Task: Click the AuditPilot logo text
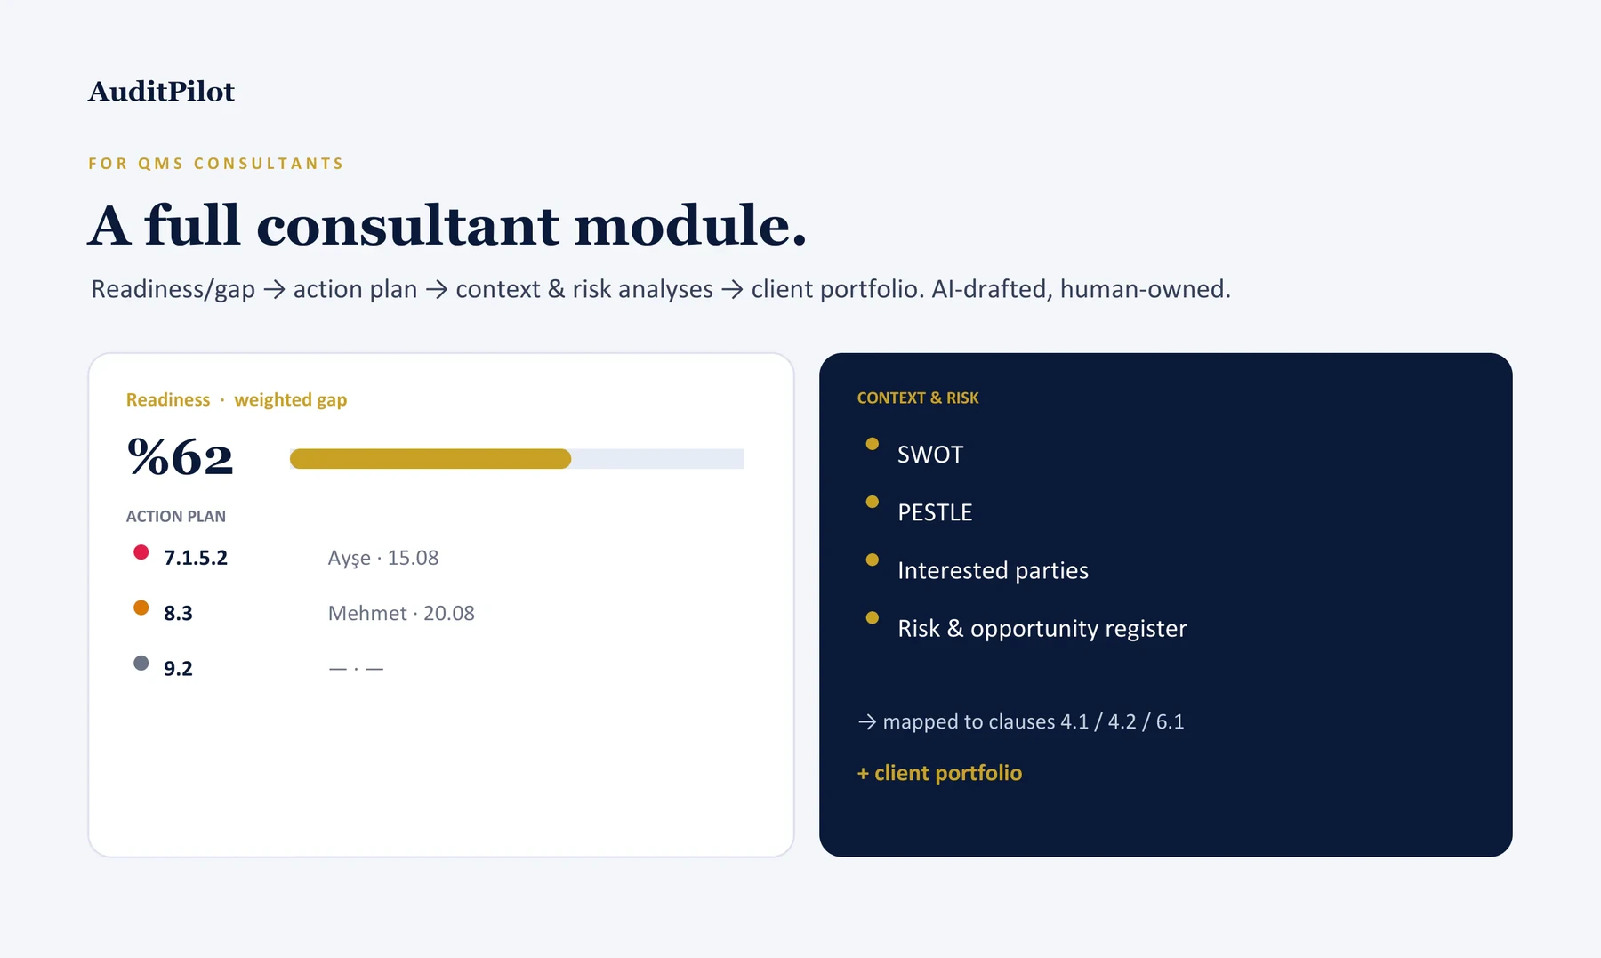pyautogui.click(x=161, y=92)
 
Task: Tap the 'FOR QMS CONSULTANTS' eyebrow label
pyautogui.click(x=216, y=164)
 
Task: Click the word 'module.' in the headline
pyautogui.click(x=690, y=225)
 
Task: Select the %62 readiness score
pyautogui.click(x=181, y=457)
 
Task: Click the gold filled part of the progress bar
pyautogui.click(x=430, y=459)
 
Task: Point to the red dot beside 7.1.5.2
pyautogui.click(x=141, y=552)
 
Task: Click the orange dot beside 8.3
pyautogui.click(x=141, y=608)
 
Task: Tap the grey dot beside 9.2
pyautogui.click(x=141, y=663)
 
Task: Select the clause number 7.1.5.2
pyautogui.click(x=196, y=558)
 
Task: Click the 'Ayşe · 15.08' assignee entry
pyautogui.click(x=383, y=558)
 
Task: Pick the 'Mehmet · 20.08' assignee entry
pyautogui.click(x=401, y=613)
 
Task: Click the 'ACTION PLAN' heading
pyautogui.click(x=176, y=517)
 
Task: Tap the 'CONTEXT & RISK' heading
pyautogui.click(x=918, y=398)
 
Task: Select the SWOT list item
pyautogui.click(x=930, y=455)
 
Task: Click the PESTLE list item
pyautogui.click(x=935, y=512)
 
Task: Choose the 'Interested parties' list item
pyautogui.click(x=993, y=570)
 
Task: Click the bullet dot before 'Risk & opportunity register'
pyautogui.click(x=873, y=617)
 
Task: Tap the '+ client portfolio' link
pyautogui.click(x=939, y=773)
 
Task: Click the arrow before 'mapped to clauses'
pyautogui.click(x=867, y=722)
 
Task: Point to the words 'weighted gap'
pyautogui.click(x=291, y=400)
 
